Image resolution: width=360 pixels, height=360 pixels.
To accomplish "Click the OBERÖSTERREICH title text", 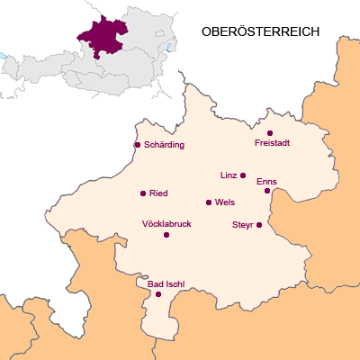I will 261,31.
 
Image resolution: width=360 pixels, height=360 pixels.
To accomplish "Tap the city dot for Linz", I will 243,175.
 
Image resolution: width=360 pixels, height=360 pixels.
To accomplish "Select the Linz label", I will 227,175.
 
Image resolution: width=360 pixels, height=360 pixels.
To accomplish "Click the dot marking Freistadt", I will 270,133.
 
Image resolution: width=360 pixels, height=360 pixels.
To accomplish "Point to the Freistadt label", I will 273,144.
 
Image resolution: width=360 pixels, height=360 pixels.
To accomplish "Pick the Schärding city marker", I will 137,144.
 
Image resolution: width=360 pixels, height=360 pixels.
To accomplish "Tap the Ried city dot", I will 143,193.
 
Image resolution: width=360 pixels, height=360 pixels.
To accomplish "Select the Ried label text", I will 158,193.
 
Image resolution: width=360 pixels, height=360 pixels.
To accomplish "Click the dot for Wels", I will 209,202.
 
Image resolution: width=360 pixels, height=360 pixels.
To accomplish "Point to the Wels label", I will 225,202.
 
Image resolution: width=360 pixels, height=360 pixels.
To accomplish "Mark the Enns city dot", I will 267,191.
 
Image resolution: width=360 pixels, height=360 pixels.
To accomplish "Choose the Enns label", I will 266,181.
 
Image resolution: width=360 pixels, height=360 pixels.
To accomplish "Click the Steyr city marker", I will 259,225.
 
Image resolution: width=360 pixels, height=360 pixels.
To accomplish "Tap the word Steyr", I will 242,224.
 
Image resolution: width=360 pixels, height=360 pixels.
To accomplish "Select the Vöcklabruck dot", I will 166,235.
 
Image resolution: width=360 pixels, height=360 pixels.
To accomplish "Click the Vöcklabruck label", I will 166,223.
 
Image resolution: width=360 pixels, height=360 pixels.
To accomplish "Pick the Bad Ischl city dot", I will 158,294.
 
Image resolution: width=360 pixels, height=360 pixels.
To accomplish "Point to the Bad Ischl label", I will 166,283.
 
